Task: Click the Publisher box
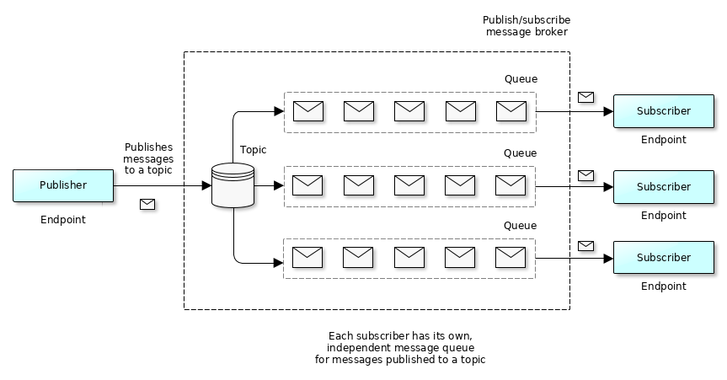pos(63,185)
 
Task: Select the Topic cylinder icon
pos(233,185)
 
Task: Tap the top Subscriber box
pos(663,111)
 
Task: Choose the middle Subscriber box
pos(663,186)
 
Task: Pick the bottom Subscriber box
pos(663,257)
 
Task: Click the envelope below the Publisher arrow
pos(147,204)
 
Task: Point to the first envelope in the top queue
pos(308,110)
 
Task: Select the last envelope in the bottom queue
pos(511,256)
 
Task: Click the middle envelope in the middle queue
pos(409,185)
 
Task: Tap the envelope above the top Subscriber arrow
pos(585,97)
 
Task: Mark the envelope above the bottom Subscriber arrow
pos(585,245)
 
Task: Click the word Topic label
pos(253,150)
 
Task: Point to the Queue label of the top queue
pos(521,79)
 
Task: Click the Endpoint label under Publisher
pos(63,220)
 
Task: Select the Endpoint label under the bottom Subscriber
pos(663,286)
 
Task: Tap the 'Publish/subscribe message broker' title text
pos(527,26)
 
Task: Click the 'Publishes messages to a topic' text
pos(148,158)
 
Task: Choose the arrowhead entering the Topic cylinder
pos(206,185)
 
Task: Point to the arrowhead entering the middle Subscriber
pos(608,186)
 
